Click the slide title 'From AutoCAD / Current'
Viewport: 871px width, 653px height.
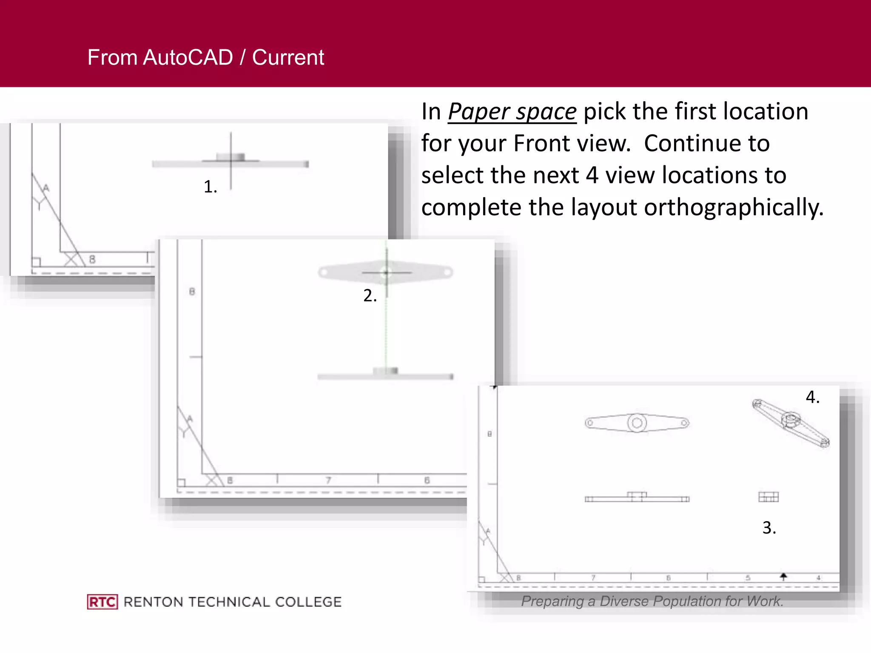pos(205,57)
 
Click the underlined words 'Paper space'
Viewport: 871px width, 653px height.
pos(512,112)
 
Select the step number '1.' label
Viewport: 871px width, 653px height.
pos(210,187)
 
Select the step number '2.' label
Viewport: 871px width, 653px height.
pos(370,295)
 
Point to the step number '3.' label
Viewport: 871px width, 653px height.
pos(769,528)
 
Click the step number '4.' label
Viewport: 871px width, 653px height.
pos(812,397)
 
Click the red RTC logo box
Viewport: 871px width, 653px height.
pos(102,602)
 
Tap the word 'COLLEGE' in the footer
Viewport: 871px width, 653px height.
pos(308,602)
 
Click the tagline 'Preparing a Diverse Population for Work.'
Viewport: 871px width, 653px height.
pos(652,601)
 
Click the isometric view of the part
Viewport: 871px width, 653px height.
pos(791,423)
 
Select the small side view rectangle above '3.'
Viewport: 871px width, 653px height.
pos(768,497)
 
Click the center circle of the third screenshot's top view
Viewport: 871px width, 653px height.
pos(637,423)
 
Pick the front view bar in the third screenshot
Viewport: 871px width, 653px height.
pos(637,498)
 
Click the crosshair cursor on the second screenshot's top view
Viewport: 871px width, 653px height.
pos(386,273)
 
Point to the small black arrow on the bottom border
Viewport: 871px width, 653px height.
pos(783,576)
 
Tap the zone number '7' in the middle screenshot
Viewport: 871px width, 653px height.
pos(328,480)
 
